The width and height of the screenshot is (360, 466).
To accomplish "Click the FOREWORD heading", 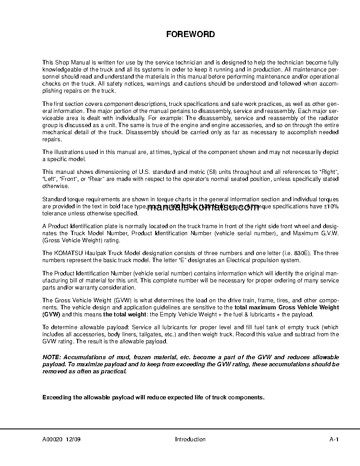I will [x=191, y=34].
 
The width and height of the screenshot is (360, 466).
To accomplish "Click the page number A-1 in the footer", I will [x=334, y=439].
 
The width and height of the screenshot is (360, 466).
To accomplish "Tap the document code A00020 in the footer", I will [x=52, y=439].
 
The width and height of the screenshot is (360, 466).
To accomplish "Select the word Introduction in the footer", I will [x=190, y=439].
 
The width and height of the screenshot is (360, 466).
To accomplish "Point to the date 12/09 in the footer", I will [x=73, y=439].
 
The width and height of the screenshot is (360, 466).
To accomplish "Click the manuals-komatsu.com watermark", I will [x=202, y=208].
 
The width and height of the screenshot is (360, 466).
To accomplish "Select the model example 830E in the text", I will [x=301, y=253].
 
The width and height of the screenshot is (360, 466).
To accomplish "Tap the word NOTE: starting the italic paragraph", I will [x=52, y=357].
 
